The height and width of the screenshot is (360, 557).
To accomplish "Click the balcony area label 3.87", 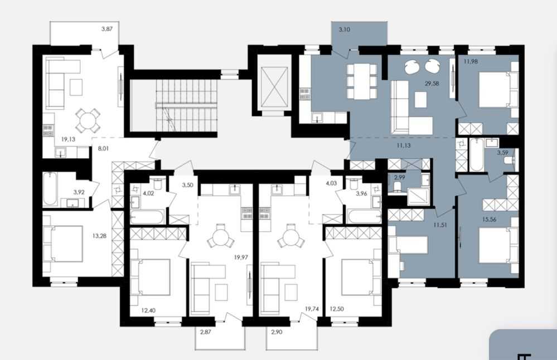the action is [107, 29].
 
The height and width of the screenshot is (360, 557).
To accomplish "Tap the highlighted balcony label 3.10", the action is [344, 30].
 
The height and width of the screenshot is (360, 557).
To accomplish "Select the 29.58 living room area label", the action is [432, 84].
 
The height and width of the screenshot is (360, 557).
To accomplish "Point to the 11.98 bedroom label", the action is [471, 61].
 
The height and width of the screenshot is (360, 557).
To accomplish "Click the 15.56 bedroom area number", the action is [489, 220].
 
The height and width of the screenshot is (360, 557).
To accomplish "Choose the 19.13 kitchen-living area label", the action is [68, 139].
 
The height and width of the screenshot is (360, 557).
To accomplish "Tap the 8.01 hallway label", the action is [103, 148].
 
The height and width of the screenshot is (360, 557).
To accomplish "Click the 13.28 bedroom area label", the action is [99, 235].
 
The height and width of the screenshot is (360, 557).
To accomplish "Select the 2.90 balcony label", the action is [277, 332].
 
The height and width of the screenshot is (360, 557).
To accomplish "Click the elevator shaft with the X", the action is [274, 86].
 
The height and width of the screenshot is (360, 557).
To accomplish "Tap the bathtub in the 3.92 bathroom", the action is [50, 189].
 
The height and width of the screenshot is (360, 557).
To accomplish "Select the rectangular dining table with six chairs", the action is [361, 81].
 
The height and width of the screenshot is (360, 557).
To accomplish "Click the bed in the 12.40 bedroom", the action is [151, 277].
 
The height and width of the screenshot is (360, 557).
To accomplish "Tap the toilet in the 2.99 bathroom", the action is [398, 186].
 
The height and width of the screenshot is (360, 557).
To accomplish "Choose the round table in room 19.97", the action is [220, 237].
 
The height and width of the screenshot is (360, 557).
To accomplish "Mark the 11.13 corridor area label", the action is [404, 145].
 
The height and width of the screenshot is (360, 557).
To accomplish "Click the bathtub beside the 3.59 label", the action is [476, 155].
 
